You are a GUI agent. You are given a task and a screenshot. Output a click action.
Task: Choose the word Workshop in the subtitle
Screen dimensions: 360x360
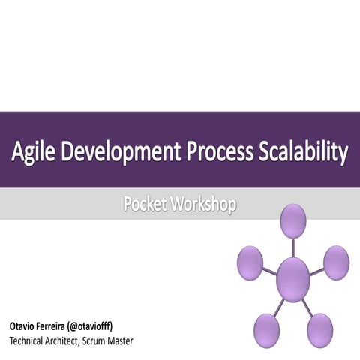(204, 205)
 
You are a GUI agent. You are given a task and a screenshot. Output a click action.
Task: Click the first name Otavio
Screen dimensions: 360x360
(24, 327)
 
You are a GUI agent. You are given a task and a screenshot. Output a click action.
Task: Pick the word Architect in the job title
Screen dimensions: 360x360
(73, 342)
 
